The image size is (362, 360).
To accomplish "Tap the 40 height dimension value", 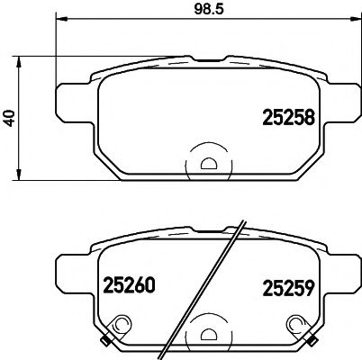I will tap(10, 118).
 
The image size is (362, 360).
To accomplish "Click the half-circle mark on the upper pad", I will tap(207, 163).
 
